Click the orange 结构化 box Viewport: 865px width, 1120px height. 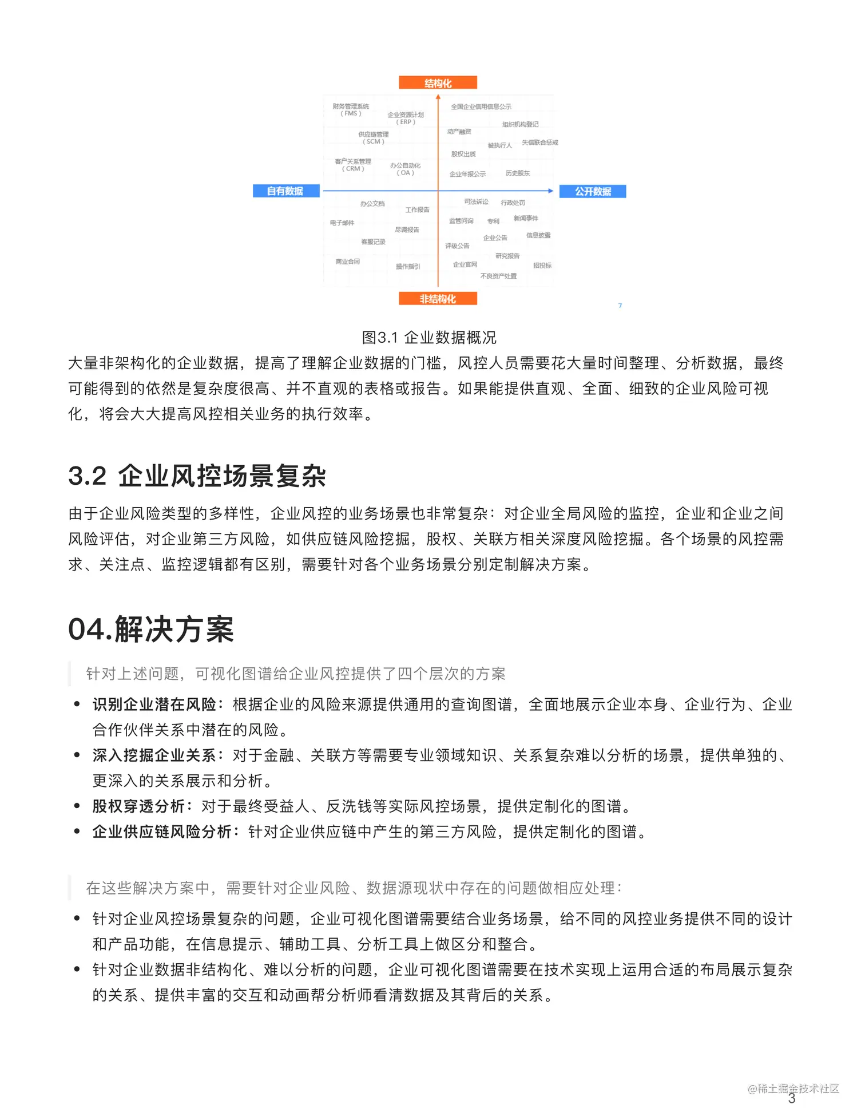[x=438, y=83]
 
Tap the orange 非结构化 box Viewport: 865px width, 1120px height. [x=438, y=299]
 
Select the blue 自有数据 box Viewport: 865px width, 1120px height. [x=285, y=191]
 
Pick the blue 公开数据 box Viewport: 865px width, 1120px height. [x=592, y=191]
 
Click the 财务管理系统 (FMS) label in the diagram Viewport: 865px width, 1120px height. [x=351, y=110]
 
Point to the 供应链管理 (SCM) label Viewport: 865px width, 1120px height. [x=373, y=138]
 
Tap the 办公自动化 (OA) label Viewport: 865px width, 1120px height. [x=405, y=169]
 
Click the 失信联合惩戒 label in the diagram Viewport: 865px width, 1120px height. [x=539, y=143]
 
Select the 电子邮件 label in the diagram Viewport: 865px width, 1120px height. [x=342, y=223]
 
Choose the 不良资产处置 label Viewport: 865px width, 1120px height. [x=498, y=276]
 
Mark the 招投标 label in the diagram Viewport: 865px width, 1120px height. [x=542, y=266]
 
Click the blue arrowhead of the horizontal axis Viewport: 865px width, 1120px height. [x=551, y=191]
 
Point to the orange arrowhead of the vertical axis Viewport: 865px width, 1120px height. [x=438, y=97]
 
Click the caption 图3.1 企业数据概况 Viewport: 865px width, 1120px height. [x=429, y=338]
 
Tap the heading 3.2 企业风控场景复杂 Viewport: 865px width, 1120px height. [x=197, y=476]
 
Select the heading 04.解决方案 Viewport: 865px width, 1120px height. [x=151, y=630]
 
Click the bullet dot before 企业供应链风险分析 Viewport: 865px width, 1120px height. [x=77, y=832]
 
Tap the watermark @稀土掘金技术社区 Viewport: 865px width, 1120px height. [x=793, y=1089]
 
